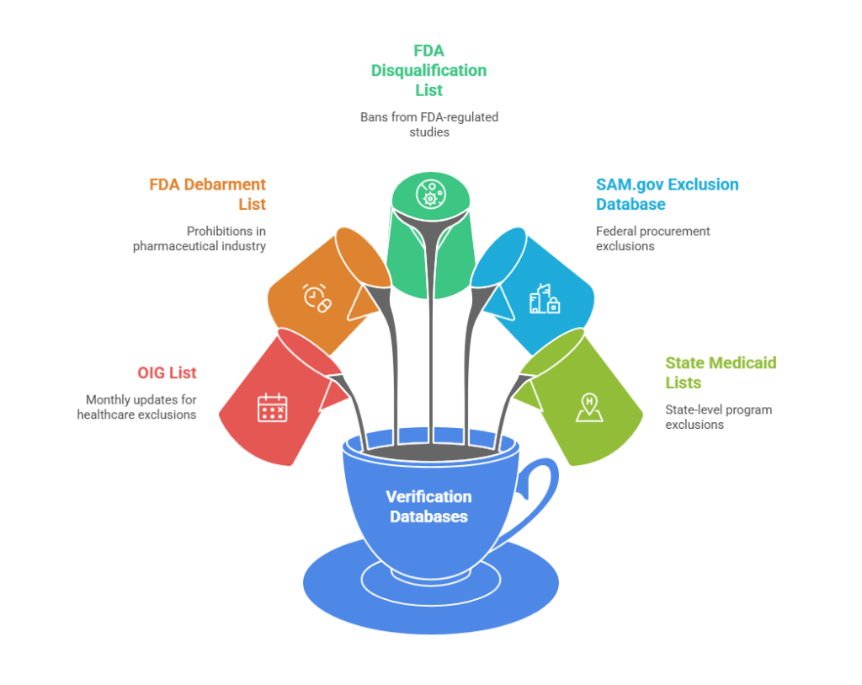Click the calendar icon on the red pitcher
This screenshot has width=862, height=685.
click(272, 408)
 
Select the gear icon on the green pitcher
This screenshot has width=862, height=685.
click(429, 194)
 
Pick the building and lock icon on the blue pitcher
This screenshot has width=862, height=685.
click(544, 299)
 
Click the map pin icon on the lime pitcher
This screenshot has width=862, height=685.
click(588, 407)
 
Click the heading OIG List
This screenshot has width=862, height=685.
click(167, 372)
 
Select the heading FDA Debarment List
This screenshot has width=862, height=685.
click(207, 194)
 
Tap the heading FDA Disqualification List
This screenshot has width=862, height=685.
click(428, 70)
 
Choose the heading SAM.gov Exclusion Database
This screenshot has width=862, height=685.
click(667, 194)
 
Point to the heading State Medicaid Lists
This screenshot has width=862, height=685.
click(720, 372)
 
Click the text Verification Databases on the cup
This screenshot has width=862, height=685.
click(428, 506)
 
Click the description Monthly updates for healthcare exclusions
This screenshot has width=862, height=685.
click(137, 407)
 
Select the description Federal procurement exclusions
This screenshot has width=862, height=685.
click(652, 238)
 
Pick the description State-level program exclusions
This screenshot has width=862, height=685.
click(718, 417)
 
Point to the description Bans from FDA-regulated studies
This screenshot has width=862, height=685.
click(428, 124)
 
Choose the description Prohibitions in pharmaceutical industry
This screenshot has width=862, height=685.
click(200, 238)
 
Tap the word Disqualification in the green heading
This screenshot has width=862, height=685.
click(428, 70)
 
